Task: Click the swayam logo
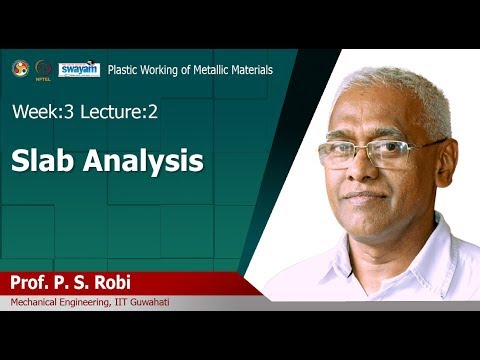pyautogui.click(x=78, y=69)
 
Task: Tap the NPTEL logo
pyautogui.click(x=43, y=69)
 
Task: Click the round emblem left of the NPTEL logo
pyautogui.click(x=20, y=68)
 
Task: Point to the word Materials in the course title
pyautogui.click(x=249, y=70)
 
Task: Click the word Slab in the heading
pyautogui.click(x=44, y=160)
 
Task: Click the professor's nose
pyautogui.click(x=368, y=172)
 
